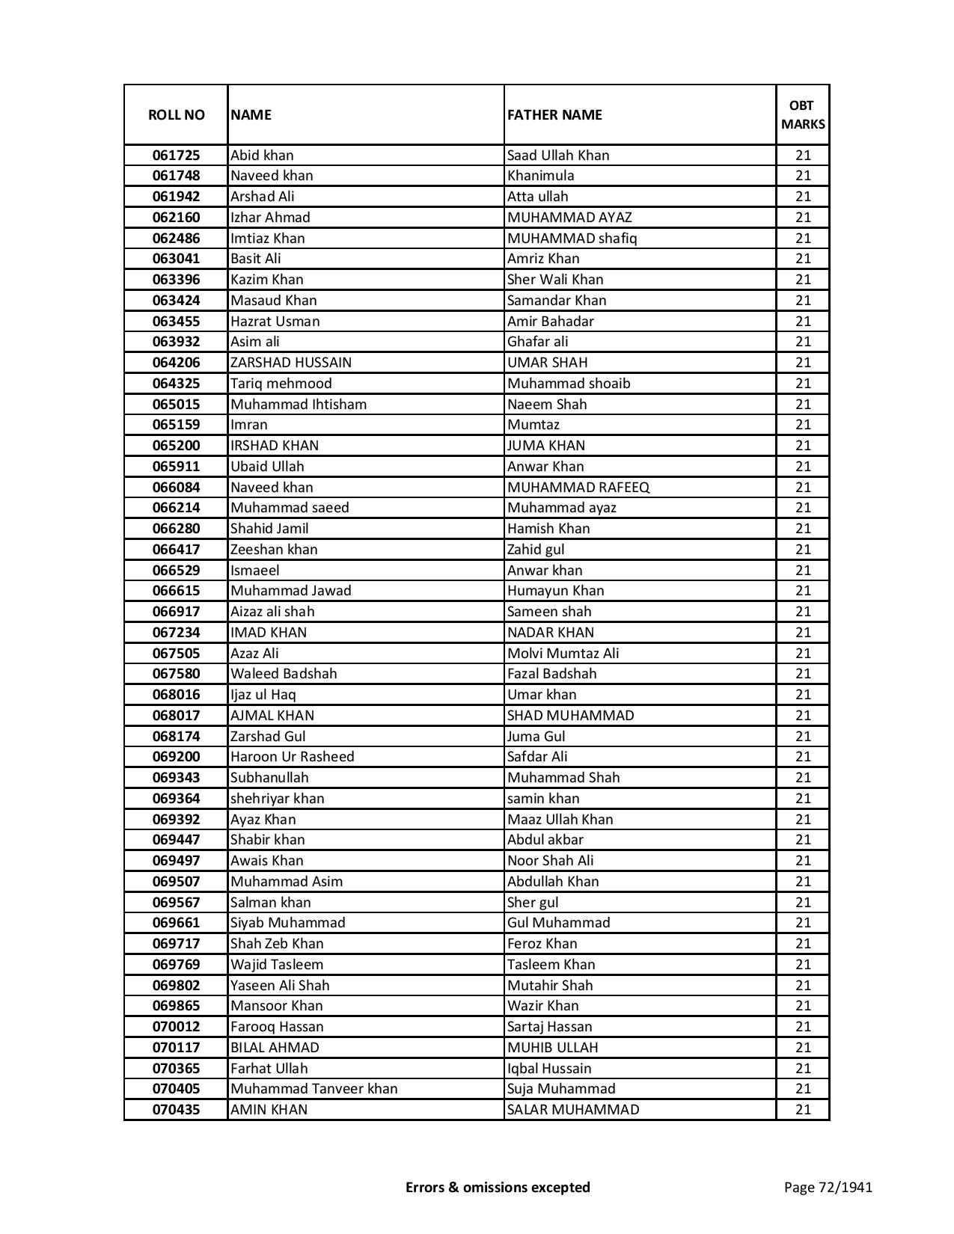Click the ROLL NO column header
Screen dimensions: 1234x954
tap(176, 114)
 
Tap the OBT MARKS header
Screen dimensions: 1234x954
tap(803, 114)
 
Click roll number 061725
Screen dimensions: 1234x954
tap(176, 156)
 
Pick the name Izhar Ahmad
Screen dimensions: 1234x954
tap(270, 218)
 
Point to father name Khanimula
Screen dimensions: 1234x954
tap(541, 176)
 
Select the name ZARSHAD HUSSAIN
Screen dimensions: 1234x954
tap(291, 363)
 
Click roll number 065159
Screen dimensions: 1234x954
tap(176, 425)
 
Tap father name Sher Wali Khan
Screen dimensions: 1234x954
tap(555, 280)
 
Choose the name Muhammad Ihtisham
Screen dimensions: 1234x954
tap(299, 405)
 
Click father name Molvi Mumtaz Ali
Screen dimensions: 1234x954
tap(563, 654)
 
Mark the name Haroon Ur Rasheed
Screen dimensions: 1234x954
tap(293, 757)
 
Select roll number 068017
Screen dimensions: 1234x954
tap(176, 716)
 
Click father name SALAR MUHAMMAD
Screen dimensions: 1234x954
tap(573, 1110)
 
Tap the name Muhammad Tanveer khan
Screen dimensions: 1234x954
tap(314, 1089)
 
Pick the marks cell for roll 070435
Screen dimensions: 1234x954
tap(803, 1110)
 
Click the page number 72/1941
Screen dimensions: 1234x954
tap(828, 1188)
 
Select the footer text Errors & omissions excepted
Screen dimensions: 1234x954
tap(498, 1188)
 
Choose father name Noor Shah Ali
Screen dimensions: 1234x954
tap(551, 861)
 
